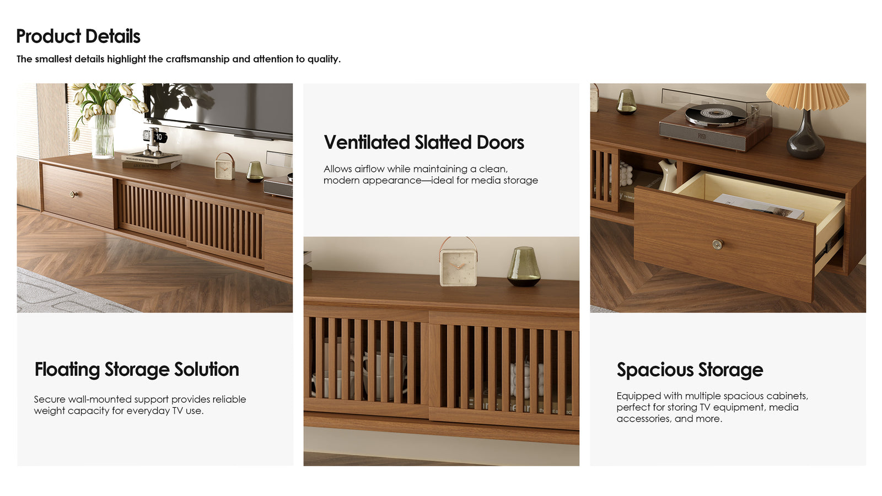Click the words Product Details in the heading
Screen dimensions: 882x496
point(78,36)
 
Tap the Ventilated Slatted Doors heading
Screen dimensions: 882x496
point(424,142)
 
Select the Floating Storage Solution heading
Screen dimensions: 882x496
point(137,370)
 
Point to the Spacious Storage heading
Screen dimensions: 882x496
point(690,370)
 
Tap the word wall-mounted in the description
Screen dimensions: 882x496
point(99,399)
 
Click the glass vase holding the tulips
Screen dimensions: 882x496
point(103,136)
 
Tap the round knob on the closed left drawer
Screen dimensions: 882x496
point(72,193)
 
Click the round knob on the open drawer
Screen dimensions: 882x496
point(717,245)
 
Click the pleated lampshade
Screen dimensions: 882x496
point(808,96)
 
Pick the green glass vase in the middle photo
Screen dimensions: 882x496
point(523,266)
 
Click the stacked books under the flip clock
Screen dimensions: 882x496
point(152,161)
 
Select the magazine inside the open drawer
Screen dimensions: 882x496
point(759,206)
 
